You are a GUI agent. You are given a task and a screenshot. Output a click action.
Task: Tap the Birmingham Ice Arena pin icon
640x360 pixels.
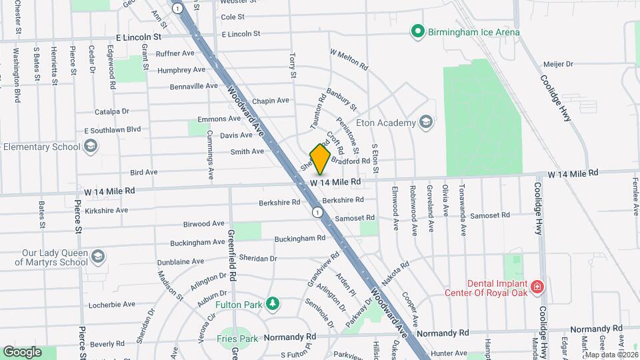(x=417, y=31)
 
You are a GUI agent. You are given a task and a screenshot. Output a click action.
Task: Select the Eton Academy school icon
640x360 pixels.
(x=425, y=122)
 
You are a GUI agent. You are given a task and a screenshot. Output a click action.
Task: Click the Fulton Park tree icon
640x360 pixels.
(x=272, y=305)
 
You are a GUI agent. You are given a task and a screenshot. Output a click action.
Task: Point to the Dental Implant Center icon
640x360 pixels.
(x=537, y=288)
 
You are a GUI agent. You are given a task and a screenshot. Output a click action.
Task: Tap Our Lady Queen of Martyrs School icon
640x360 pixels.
(x=97, y=257)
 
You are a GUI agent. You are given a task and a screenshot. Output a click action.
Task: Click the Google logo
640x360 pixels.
(x=22, y=352)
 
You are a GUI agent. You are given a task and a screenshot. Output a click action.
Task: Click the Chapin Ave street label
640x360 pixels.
(x=270, y=101)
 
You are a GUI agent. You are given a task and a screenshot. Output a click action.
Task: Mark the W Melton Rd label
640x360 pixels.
(x=349, y=59)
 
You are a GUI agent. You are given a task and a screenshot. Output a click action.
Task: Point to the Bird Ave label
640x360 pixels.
(x=143, y=172)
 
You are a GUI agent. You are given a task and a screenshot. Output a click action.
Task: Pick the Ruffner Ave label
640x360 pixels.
(x=175, y=53)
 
